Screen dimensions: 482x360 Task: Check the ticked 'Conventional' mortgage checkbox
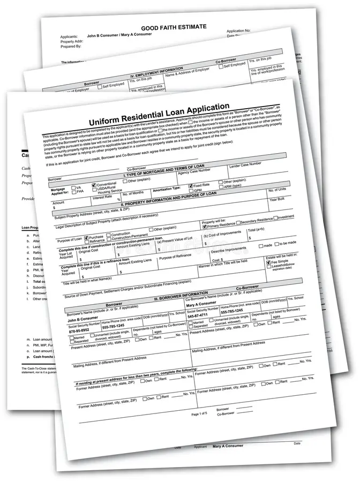coord(94,183)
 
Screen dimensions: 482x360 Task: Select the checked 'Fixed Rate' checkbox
coord(190,185)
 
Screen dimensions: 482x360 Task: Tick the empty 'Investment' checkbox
coord(276,218)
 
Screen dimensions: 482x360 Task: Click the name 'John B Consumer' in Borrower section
coord(83,320)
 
